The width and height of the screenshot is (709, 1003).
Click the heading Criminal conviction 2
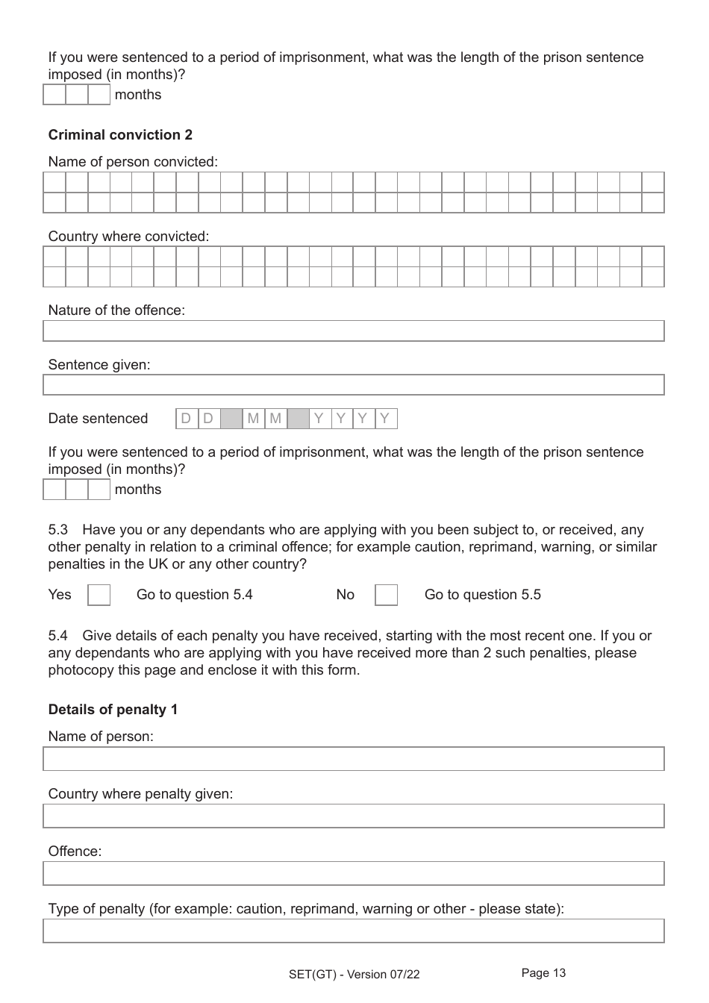coord(120,135)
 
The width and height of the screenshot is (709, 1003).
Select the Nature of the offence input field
coord(353,331)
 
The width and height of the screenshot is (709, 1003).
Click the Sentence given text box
coord(353,385)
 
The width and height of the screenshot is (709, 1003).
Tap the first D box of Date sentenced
coord(187,419)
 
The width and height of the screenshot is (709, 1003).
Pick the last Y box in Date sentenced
coord(386,419)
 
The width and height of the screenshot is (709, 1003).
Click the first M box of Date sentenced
coord(254,419)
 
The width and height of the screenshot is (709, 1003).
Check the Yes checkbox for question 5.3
coord(99,595)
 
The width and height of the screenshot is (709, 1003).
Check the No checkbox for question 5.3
coord(386,595)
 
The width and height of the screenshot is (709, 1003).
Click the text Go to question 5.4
coord(194,595)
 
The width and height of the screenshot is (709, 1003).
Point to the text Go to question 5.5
coord(482,595)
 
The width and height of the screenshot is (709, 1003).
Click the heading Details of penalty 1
coord(113,710)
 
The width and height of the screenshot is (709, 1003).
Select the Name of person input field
coord(353,759)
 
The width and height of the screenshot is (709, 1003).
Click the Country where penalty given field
coord(353,816)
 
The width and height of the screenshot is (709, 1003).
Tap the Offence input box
coord(353,874)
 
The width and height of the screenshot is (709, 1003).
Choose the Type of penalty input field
coord(353,931)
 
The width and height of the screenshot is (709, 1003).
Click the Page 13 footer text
coord(543,973)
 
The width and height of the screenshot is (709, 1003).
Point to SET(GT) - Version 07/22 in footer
coord(354,975)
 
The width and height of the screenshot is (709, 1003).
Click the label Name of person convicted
coord(133,162)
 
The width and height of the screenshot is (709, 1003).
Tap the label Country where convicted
coord(128,237)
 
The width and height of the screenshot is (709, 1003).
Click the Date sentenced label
coord(98,419)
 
